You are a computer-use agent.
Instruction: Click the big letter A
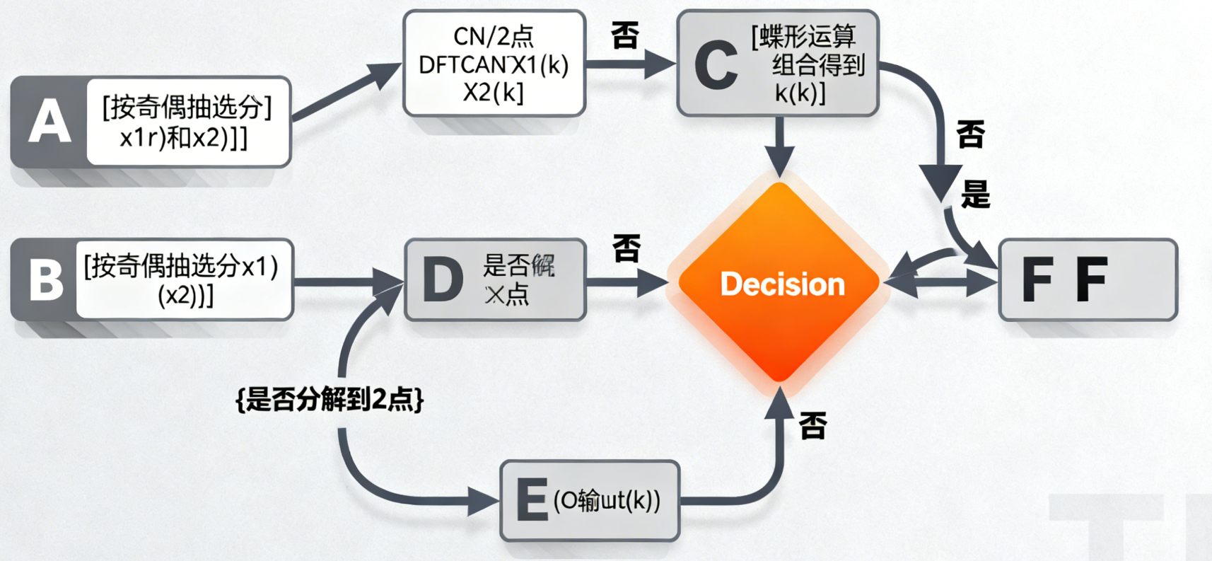[49, 122]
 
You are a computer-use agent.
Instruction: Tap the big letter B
[46, 279]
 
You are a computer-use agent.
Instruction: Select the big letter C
[716, 65]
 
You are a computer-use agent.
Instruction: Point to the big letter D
[443, 279]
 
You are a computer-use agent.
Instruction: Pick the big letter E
[532, 500]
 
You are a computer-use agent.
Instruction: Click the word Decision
[782, 284]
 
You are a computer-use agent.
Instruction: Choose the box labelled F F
[1088, 279]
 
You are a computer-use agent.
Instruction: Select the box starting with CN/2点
[494, 64]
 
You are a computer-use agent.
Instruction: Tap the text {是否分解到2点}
[330, 400]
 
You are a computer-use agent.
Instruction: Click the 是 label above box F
[975, 193]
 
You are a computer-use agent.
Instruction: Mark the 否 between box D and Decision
[627, 248]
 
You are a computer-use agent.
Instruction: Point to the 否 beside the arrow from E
[813, 426]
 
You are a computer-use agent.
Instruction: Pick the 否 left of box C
[625, 35]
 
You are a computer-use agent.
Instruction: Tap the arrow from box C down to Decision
[779, 145]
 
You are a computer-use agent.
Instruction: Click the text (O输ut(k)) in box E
[607, 500]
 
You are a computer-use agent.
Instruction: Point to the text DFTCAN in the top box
[462, 65]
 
